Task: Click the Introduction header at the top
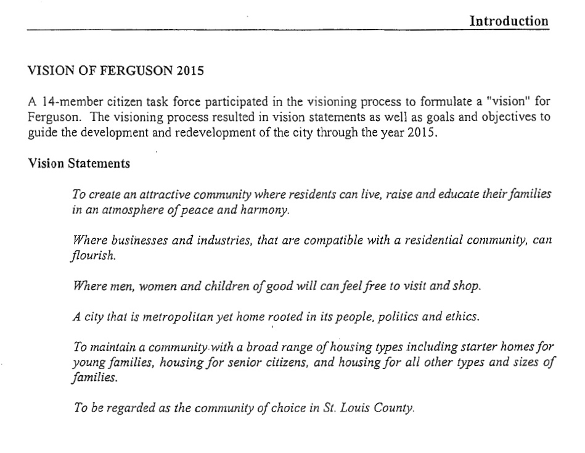[509, 21]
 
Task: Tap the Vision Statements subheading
[79, 164]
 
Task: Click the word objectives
[513, 118]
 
